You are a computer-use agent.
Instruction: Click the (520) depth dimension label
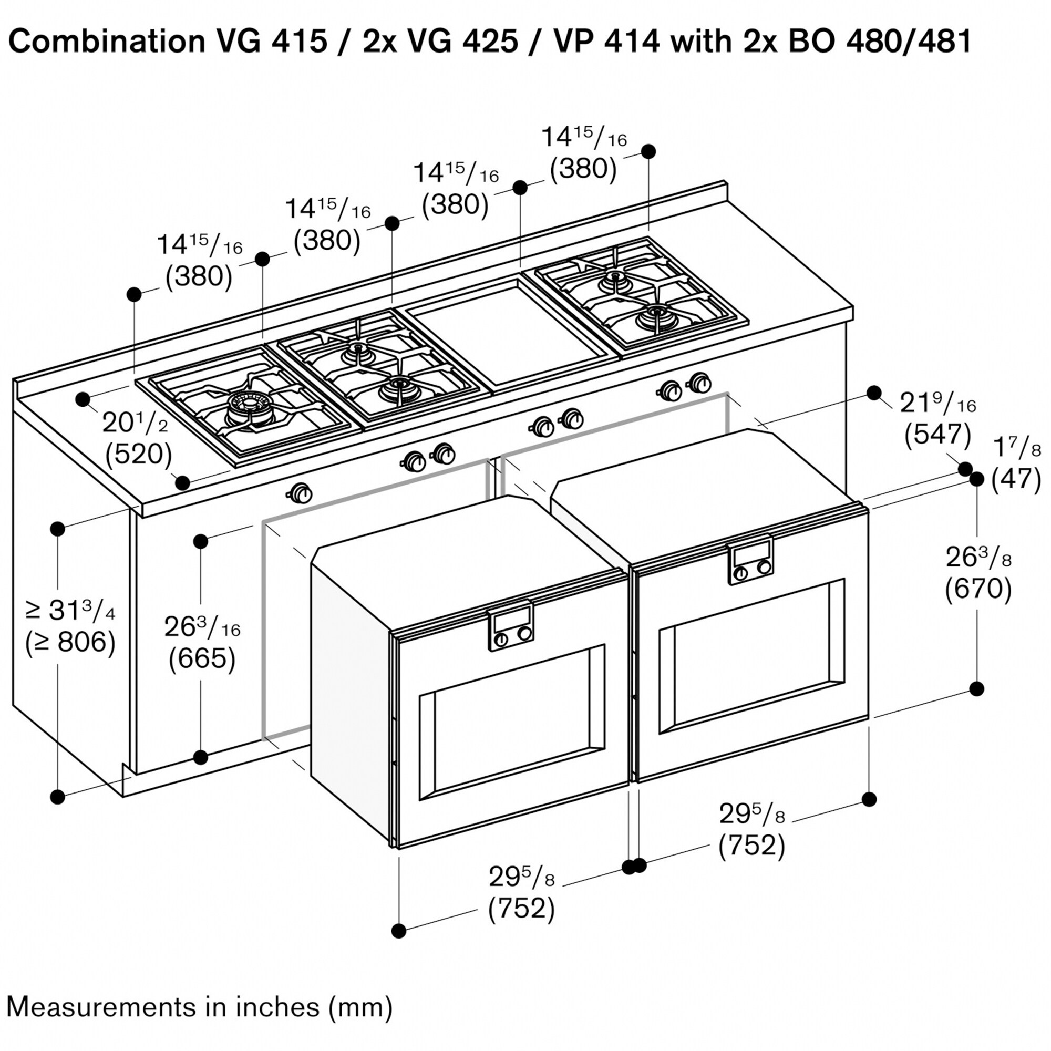[x=138, y=454]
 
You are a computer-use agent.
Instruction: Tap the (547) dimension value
[x=937, y=435]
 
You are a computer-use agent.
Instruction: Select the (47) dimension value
[x=1016, y=479]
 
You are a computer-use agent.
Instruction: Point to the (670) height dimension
[x=978, y=589]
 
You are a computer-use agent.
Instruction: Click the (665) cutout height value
[x=202, y=659]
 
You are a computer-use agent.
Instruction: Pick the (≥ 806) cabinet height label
[x=70, y=643]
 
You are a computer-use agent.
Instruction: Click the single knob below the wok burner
[x=299, y=493]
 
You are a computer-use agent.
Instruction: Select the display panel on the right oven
[x=751, y=555]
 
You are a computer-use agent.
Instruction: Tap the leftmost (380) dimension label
[x=199, y=276]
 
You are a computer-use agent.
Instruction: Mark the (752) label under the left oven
[x=521, y=909]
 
